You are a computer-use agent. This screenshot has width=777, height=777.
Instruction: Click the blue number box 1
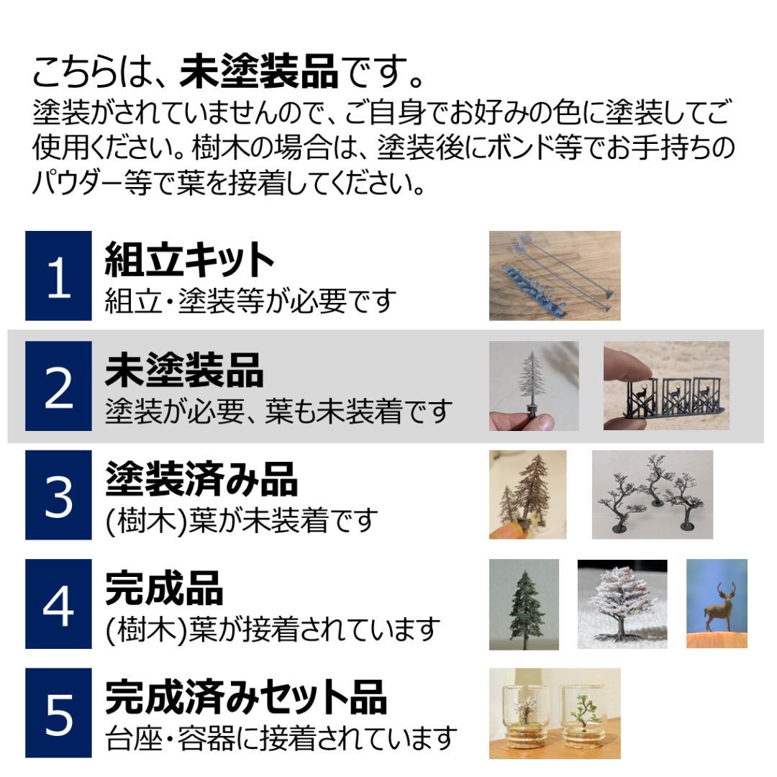pyautogui.click(x=58, y=276)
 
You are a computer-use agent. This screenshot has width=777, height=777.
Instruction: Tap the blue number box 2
pyautogui.click(x=58, y=386)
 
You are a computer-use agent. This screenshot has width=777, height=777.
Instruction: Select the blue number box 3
pyautogui.click(x=58, y=494)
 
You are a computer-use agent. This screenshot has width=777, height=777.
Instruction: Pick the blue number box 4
pyautogui.click(x=58, y=604)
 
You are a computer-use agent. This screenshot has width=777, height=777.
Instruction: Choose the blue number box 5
pyautogui.click(x=58, y=712)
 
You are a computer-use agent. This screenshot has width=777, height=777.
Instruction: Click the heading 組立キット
pyautogui.click(x=188, y=260)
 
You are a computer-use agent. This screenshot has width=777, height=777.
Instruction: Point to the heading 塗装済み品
pyautogui.click(x=201, y=478)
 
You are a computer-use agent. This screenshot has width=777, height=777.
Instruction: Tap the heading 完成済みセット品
pyautogui.click(x=246, y=696)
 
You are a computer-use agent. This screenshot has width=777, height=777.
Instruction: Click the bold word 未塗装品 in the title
pyautogui.click(x=259, y=72)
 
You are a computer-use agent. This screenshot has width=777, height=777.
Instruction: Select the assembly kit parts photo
pyautogui.click(x=555, y=276)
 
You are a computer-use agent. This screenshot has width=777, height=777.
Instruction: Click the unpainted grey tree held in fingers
pyautogui.click(x=534, y=386)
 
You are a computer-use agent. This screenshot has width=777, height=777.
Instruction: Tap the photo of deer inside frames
pyautogui.click(x=666, y=386)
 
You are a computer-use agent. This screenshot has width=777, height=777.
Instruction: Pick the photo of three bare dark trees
pyautogui.click(x=652, y=494)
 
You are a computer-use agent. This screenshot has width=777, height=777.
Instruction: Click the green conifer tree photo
pyautogui.click(x=524, y=604)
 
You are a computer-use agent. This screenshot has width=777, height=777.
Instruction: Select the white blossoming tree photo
pyautogui.click(x=622, y=604)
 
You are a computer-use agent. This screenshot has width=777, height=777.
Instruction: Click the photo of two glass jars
pyautogui.click(x=555, y=713)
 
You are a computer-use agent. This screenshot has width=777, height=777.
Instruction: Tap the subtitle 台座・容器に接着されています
pyautogui.click(x=281, y=738)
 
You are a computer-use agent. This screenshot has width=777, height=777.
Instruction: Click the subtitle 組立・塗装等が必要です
pyautogui.click(x=250, y=301)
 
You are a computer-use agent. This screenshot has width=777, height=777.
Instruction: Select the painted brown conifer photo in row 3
pyautogui.click(x=528, y=494)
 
